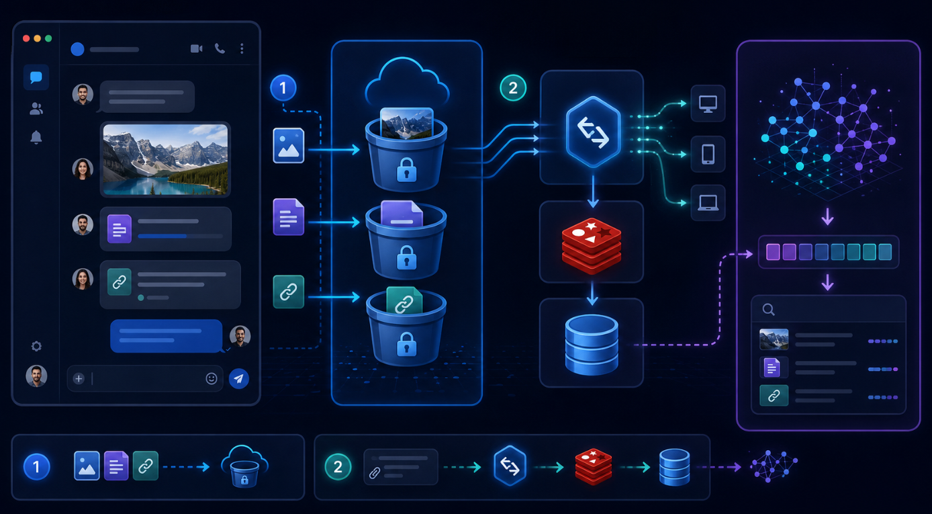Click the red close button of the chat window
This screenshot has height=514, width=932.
pyautogui.click(x=26, y=38)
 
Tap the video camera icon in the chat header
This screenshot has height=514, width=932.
pyautogui.click(x=196, y=48)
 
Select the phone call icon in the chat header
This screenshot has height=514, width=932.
pyautogui.click(x=220, y=48)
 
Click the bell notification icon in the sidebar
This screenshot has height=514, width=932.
pyautogui.click(x=36, y=137)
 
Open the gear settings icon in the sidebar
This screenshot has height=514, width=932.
pyautogui.click(x=36, y=346)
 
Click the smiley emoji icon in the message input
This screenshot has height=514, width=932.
pyautogui.click(x=212, y=378)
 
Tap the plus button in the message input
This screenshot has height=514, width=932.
pyautogui.click(x=79, y=378)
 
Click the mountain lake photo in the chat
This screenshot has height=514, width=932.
pyautogui.click(x=166, y=159)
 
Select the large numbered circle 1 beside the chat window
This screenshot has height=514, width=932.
pyautogui.click(x=283, y=88)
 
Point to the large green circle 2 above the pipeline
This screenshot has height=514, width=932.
pyautogui.click(x=513, y=88)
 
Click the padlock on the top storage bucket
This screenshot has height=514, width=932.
pyautogui.click(x=406, y=170)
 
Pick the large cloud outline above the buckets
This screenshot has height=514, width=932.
pyautogui.click(x=407, y=81)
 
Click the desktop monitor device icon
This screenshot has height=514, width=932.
pyautogui.click(x=708, y=103)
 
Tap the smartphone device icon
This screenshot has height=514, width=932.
pyautogui.click(x=708, y=154)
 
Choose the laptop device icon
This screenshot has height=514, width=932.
pyautogui.click(x=708, y=203)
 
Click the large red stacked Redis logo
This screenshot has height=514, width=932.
pyautogui.click(x=592, y=245)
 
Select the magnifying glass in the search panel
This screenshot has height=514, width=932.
pyautogui.click(x=768, y=309)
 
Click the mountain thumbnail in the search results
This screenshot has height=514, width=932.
pyautogui.click(x=774, y=339)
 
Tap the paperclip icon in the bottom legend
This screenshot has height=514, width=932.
pyautogui.click(x=375, y=473)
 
